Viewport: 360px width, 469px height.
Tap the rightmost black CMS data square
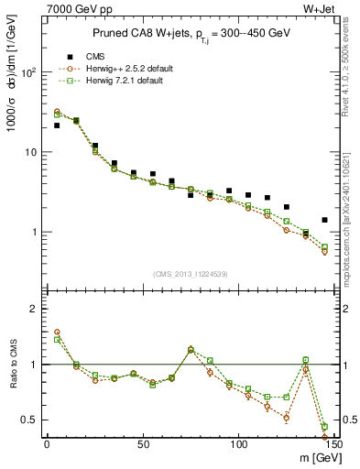tap(324, 220)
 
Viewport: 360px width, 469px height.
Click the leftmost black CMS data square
tap(57, 125)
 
